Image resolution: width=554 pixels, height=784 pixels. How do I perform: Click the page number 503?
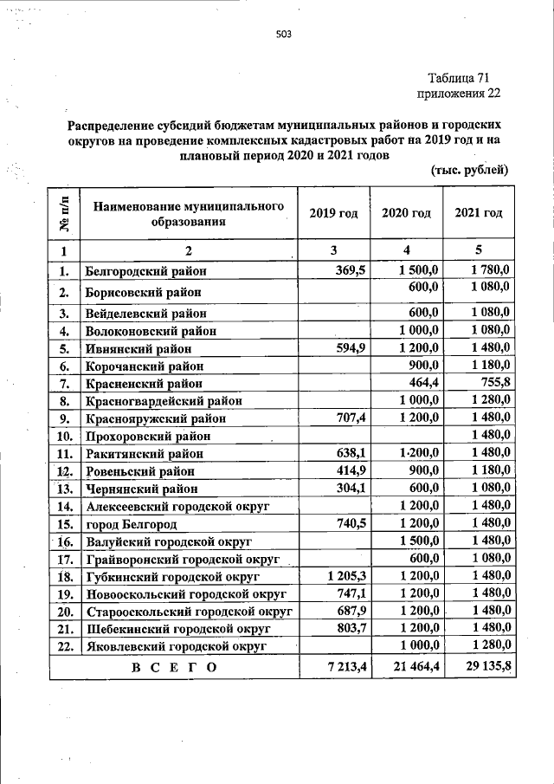(x=283, y=35)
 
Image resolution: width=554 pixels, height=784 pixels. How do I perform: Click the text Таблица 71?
(x=464, y=77)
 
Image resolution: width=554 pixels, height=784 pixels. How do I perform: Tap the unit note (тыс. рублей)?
(x=468, y=170)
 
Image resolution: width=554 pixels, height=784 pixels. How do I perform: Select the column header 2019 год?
(x=333, y=213)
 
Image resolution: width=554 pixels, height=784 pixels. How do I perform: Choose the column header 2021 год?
(x=479, y=213)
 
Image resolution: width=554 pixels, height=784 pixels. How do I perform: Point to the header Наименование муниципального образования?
(x=189, y=214)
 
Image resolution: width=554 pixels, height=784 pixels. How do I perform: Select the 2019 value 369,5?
(x=351, y=271)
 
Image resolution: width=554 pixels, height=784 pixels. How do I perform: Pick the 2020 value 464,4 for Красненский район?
(x=423, y=383)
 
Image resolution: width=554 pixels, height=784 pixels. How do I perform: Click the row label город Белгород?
(x=131, y=524)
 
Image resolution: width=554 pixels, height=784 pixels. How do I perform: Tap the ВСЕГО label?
(x=173, y=667)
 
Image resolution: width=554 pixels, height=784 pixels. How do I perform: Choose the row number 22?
(x=64, y=645)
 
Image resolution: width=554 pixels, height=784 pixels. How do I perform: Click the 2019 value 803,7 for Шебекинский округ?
(x=351, y=628)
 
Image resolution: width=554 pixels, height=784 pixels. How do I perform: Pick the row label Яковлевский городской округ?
(x=175, y=645)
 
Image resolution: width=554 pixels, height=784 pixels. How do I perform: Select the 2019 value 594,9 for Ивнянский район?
(x=351, y=348)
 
